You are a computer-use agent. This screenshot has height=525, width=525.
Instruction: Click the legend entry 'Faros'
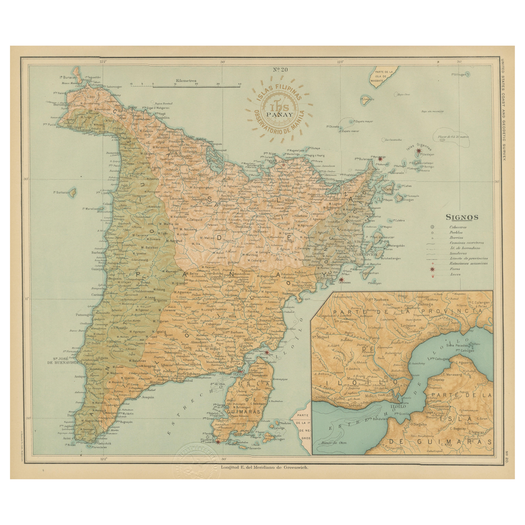[x=455, y=269]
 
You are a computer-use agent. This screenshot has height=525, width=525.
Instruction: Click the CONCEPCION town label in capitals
[x=366, y=255]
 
